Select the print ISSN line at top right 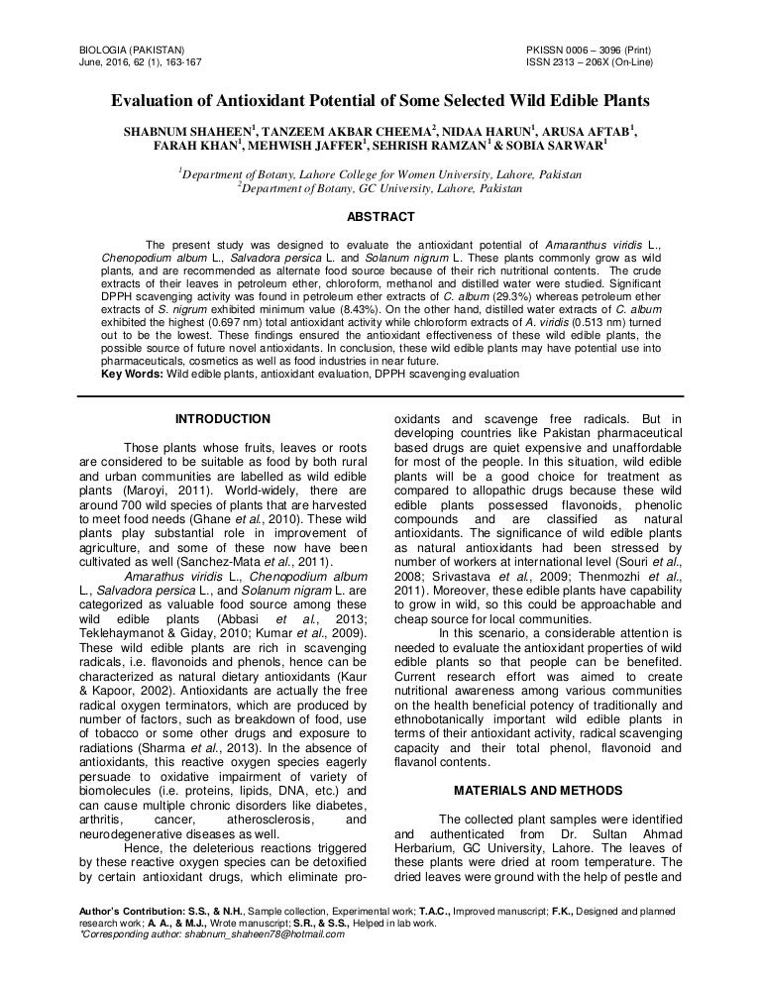(x=595, y=49)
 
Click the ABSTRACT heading (x=380, y=216)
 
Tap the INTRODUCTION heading (x=221, y=419)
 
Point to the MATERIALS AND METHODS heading (x=538, y=790)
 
